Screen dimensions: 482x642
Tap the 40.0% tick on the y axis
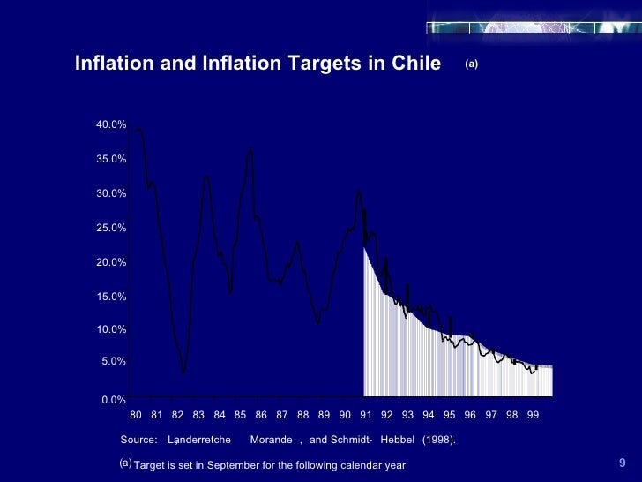[x=111, y=125]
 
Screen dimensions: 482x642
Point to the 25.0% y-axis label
[x=111, y=228]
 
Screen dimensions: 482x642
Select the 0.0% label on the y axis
[x=114, y=400]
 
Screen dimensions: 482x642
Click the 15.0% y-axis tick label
[x=111, y=297]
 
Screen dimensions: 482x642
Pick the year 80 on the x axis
[x=136, y=414]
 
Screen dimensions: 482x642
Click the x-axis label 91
[x=365, y=414]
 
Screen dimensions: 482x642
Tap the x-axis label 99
[x=533, y=414]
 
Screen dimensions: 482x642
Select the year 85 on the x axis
[x=240, y=414]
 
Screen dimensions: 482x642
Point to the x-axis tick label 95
[x=449, y=414]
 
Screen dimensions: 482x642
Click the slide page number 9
[x=622, y=463]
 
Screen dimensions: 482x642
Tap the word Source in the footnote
[x=138, y=440]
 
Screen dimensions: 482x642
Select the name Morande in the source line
[x=271, y=440]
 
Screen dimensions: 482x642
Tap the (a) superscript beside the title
[x=471, y=64]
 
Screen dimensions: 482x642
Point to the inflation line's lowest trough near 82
[x=183, y=373]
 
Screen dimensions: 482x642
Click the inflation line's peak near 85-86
[x=250, y=147]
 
